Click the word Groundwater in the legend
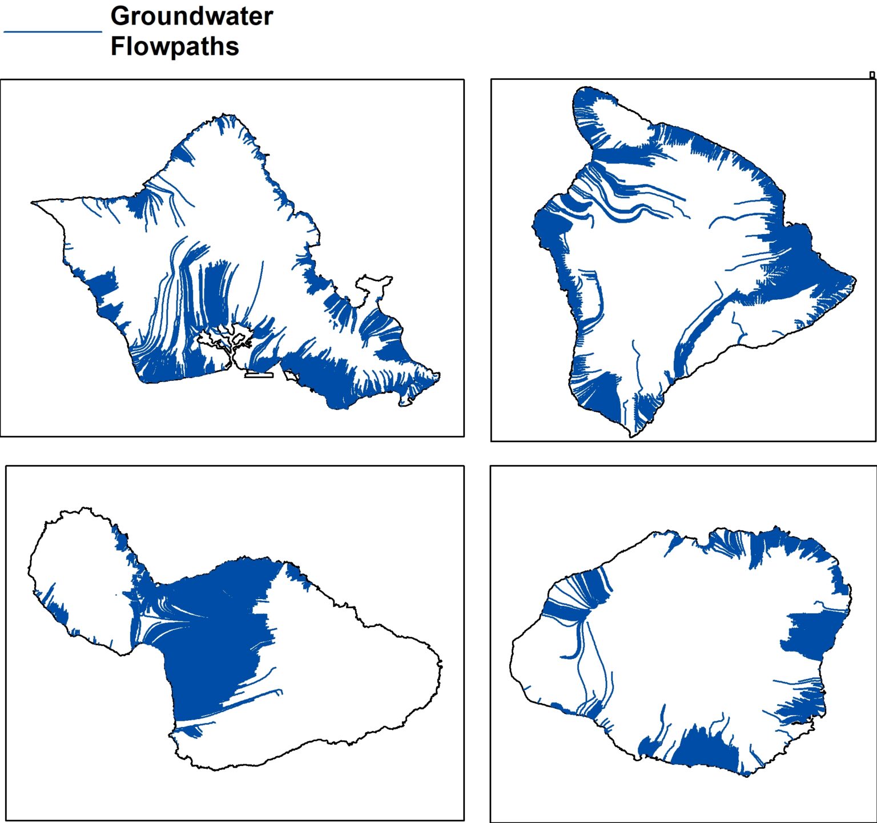[191, 16]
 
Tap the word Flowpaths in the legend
[174, 46]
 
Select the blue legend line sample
[53, 32]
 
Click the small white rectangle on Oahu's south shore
[259, 375]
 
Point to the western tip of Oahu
[33, 202]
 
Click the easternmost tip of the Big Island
[855, 279]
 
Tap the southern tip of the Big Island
[631, 436]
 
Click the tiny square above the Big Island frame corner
[872, 75]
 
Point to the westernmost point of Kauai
[511, 651]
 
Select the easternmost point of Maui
[442, 664]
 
